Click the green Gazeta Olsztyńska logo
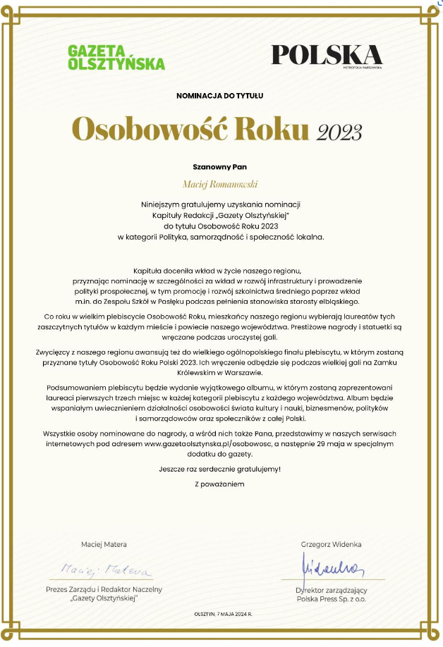click(x=116, y=58)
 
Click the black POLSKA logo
click(x=326, y=56)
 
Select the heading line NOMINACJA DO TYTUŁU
click(x=220, y=94)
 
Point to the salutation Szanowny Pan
click(x=220, y=167)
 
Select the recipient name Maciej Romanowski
click(x=220, y=184)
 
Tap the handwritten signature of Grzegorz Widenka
click(x=331, y=564)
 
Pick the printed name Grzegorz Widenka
click(x=331, y=544)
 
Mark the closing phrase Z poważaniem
click(x=220, y=484)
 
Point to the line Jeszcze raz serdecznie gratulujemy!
click(x=220, y=469)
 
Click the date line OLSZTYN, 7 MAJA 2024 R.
click(x=222, y=615)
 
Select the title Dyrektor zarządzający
click(x=331, y=589)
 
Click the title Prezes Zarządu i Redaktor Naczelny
click(x=104, y=589)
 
